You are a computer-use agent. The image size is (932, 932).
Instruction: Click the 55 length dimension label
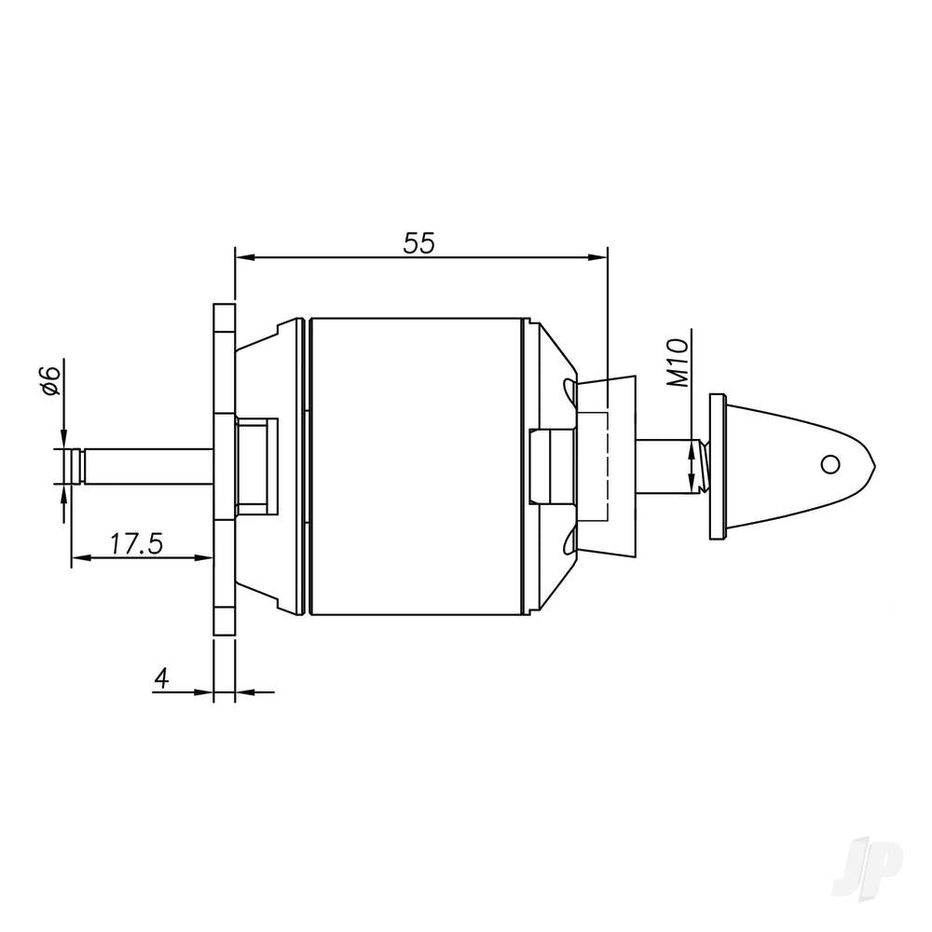tap(418, 243)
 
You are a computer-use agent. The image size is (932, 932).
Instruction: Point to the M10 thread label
tap(678, 363)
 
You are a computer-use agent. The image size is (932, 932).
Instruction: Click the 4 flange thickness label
tap(161, 678)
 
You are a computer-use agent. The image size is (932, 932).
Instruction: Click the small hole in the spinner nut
tap(829, 464)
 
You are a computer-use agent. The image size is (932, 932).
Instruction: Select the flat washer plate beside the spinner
tap(716, 466)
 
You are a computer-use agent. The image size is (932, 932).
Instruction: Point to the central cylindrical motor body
tap(415, 466)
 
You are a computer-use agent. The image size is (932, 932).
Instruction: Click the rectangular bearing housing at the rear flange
tap(256, 466)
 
